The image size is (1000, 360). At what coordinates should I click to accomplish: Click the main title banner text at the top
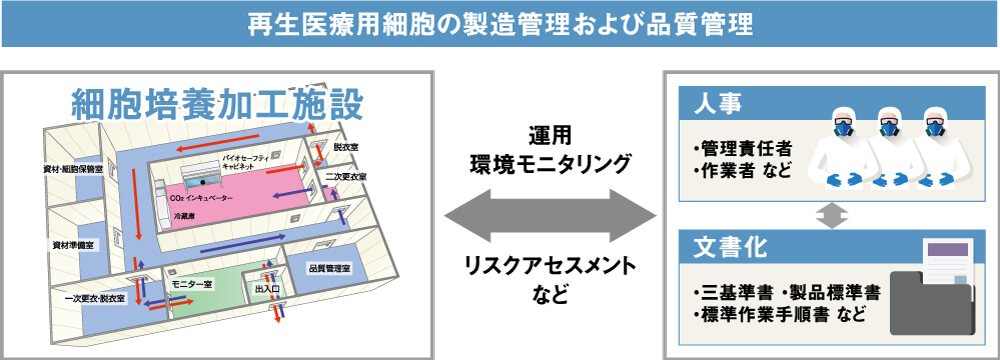coord(500,24)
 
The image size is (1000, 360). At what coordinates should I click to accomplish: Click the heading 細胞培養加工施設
coord(217,103)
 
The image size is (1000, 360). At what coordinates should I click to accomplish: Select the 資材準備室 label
coord(73,244)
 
